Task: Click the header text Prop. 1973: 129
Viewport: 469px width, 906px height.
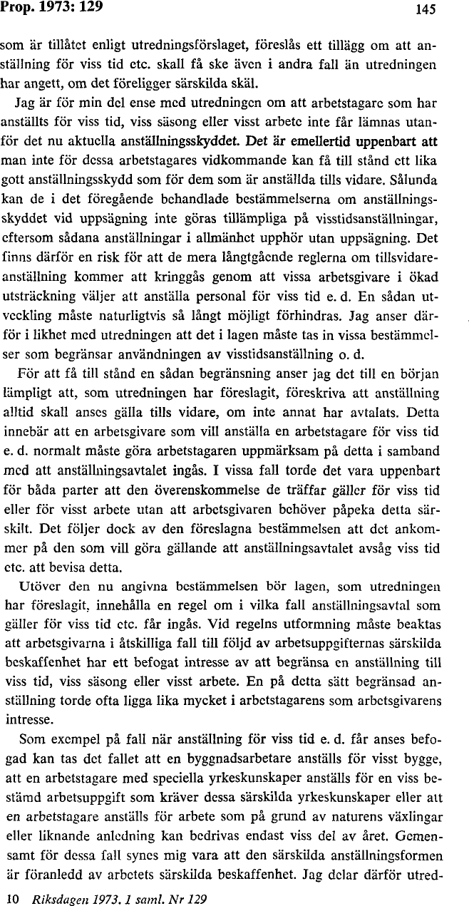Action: [x=52, y=8]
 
